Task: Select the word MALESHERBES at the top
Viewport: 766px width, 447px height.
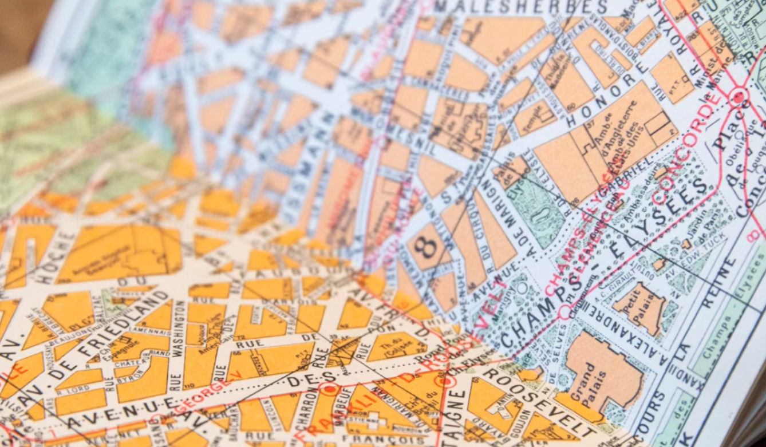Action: (520, 7)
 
